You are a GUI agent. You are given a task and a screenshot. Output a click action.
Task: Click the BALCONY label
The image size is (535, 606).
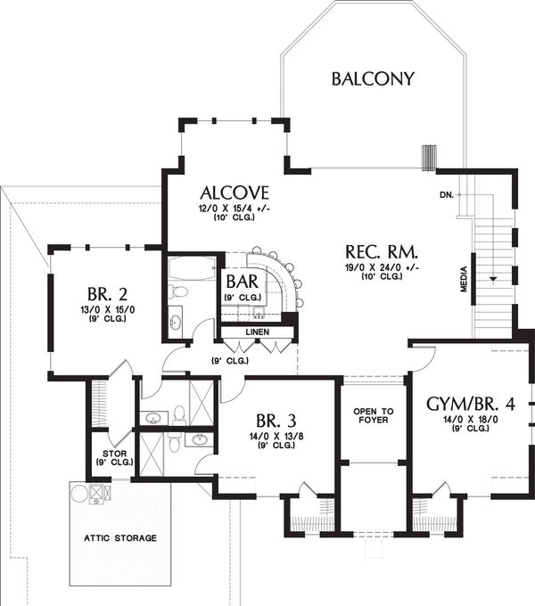point(373,78)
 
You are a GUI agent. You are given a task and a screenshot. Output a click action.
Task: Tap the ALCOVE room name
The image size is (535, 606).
point(235,192)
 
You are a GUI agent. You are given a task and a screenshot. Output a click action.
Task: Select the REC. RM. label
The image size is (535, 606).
point(382,252)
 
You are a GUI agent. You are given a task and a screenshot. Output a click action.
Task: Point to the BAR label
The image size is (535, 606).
point(243,282)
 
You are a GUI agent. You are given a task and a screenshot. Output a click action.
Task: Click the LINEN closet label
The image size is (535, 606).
point(258,332)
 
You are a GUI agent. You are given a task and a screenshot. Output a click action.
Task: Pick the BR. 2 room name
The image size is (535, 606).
point(108,294)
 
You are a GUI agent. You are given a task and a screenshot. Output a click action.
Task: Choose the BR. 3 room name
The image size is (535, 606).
point(276,420)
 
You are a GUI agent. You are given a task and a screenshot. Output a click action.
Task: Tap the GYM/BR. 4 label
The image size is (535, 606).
point(471,405)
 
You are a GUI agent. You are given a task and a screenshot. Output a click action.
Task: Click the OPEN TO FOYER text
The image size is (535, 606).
point(374,415)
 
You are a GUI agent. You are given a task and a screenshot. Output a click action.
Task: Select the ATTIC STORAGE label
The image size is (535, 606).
point(120,538)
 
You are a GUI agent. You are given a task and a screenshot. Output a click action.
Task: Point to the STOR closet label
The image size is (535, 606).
point(115,454)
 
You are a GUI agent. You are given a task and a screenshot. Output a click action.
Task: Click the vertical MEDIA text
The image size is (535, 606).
point(464,279)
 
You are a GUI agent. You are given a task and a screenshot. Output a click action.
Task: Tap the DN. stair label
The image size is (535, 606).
point(447,195)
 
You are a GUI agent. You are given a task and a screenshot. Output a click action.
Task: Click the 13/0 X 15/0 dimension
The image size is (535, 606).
point(108,310)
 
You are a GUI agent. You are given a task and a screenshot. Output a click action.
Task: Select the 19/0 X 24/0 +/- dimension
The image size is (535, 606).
point(382,268)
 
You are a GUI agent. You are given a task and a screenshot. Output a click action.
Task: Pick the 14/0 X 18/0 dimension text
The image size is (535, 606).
point(471,420)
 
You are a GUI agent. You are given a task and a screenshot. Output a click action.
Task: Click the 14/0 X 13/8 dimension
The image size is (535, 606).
point(276,437)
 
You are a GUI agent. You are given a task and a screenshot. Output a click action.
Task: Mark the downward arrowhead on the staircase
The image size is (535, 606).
point(493,279)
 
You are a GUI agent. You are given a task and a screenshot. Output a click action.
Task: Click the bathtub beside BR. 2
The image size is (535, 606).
point(192,268)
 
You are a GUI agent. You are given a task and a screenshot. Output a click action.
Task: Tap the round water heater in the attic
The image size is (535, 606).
point(80,494)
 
